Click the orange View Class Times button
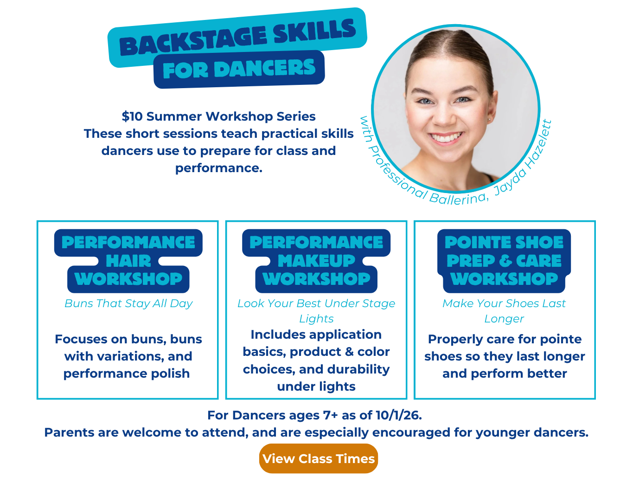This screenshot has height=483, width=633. [319, 458]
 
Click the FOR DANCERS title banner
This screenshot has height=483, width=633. [239, 69]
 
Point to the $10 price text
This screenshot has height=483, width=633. [132, 116]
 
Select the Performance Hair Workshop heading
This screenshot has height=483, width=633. [128, 261]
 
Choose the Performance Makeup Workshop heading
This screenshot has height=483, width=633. [316, 261]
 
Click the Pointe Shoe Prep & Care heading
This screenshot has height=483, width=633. [504, 261]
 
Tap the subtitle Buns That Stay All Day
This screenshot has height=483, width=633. [128, 303]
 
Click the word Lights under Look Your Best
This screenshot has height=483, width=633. [316, 319]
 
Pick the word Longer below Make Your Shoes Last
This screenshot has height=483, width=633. [504, 319]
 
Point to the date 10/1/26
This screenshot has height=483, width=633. [399, 415]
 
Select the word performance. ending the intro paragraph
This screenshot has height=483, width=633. [219, 168]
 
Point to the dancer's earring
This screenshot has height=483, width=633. [489, 119]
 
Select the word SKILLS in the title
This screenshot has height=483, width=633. [314, 31]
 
